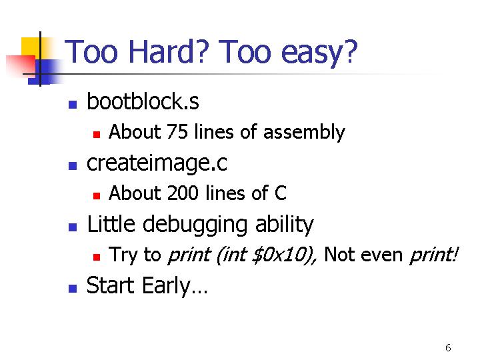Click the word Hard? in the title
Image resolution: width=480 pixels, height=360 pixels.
[x=169, y=51]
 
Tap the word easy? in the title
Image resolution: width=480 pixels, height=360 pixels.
[x=319, y=53]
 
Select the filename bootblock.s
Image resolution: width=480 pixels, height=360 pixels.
[x=143, y=101]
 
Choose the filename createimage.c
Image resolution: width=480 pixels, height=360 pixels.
[x=157, y=163]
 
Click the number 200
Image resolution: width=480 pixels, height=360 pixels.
[x=183, y=193]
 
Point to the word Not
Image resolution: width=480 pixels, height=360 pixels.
[x=337, y=254]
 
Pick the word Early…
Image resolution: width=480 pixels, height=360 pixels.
[x=175, y=286]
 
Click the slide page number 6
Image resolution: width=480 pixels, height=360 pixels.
[x=448, y=348]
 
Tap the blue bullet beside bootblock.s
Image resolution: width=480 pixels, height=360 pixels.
[x=73, y=105]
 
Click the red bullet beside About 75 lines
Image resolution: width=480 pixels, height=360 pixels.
[x=97, y=135]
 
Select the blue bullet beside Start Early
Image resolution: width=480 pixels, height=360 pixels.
[x=73, y=289]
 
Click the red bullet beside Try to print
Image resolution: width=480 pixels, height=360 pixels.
[x=97, y=257]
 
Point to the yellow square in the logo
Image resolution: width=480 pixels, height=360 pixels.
[x=34, y=47]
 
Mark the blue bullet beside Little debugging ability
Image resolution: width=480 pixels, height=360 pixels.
[x=73, y=227]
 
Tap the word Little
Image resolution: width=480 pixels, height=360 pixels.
[x=111, y=223]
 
